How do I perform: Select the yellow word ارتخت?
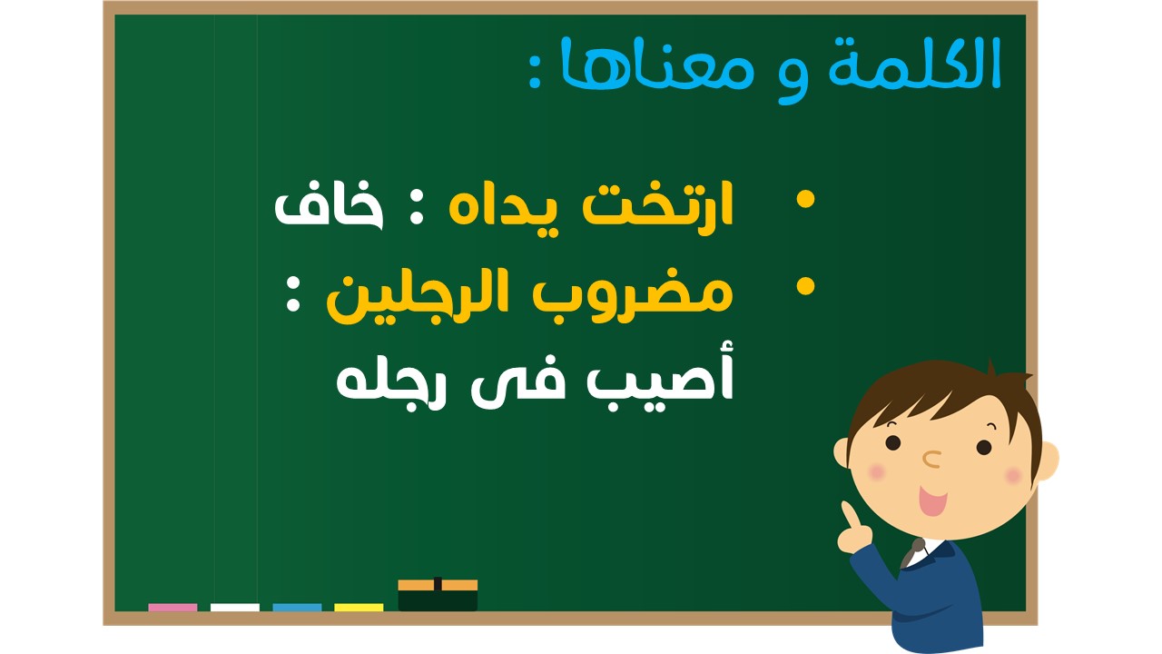pyautogui.click(x=658, y=204)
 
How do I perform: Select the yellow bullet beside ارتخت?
pyautogui.click(x=805, y=200)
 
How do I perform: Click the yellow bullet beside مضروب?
pyautogui.click(x=805, y=286)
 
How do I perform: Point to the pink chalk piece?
pyautogui.click(x=172, y=608)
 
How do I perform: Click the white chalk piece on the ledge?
pyautogui.click(x=235, y=608)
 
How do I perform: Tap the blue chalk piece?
pyautogui.click(x=297, y=608)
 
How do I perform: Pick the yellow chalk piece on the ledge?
pyautogui.click(x=359, y=608)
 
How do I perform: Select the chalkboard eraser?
pyautogui.click(x=438, y=595)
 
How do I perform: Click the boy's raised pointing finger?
pyautogui.click(x=849, y=514)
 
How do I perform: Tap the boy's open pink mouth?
pyautogui.click(x=932, y=500)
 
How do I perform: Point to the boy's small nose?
pyautogui.click(x=932, y=459)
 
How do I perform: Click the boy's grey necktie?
pyautogui.click(x=912, y=553)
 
